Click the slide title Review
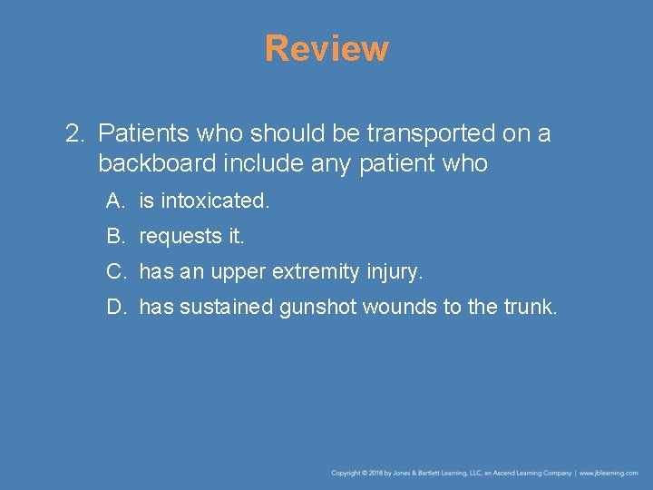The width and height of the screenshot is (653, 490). (x=326, y=48)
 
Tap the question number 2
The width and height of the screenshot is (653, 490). (x=73, y=134)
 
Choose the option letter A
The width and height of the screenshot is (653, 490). (x=114, y=201)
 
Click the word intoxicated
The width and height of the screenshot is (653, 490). (x=215, y=201)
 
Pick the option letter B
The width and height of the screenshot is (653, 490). (x=114, y=236)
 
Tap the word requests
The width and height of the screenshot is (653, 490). (x=180, y=237)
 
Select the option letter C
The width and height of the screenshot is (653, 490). (x=115, y=271)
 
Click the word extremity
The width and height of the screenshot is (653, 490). (x=315, y=271)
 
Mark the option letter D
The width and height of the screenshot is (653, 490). (x=115, y=307)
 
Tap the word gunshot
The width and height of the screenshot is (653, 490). (x=317, y=308)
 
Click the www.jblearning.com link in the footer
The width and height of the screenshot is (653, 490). (x=609, y=473)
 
